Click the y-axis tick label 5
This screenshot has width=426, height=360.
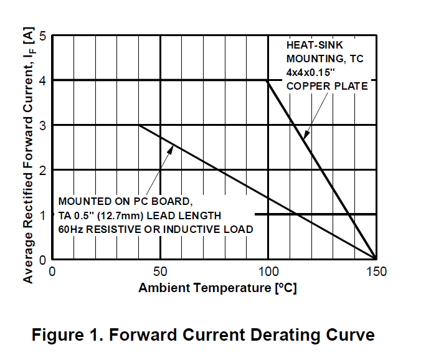click(x=43, y=36)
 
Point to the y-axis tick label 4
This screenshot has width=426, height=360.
click(x=43, y=80)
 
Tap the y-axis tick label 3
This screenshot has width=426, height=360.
click(x=43, y=125)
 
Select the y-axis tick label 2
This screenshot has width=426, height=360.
click(x=43, y=170)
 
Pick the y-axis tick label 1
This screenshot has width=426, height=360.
click(x=43, y=215)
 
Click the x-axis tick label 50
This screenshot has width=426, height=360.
click(x=160, y=272)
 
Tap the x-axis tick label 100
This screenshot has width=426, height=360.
click(x=268, y=272)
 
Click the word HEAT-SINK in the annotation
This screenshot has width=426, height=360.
click(x=315, y=45)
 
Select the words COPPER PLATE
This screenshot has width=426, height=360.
click(x=326, y=86)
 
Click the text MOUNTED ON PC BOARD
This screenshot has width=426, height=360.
click(x=121, y=202)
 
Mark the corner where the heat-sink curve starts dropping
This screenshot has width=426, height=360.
click(x=268, y=80)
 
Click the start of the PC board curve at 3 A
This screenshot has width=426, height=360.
click(x=139, y=125)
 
